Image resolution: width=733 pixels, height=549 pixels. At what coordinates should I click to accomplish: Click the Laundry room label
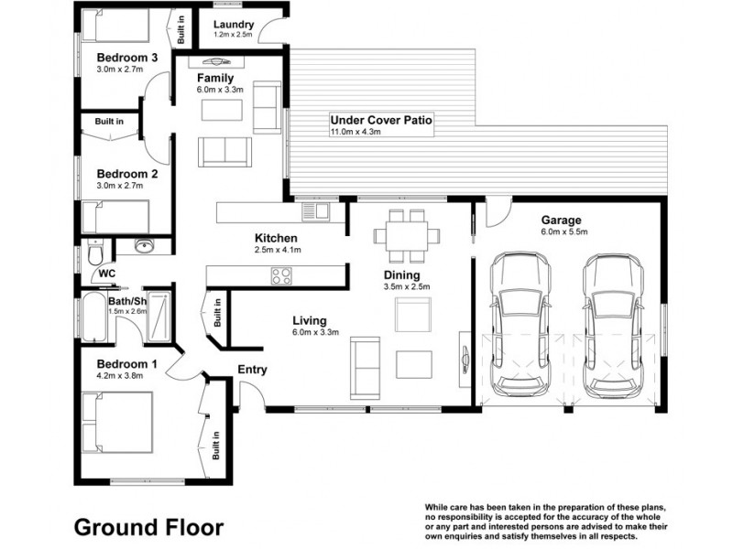[234, 25]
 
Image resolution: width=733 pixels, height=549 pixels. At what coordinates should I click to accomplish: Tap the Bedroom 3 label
[127, 58]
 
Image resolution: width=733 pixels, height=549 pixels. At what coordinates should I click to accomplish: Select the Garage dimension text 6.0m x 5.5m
[564, 231]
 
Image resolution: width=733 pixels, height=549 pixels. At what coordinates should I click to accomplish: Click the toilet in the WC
[95, 253]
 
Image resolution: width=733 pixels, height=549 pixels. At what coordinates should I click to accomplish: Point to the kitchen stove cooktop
[281, 275]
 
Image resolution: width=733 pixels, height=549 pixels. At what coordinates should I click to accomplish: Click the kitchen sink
[316, 211]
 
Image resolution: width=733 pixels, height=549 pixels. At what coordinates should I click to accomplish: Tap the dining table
[407, 236]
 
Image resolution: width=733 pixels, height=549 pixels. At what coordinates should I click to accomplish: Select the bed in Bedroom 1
[117, 423]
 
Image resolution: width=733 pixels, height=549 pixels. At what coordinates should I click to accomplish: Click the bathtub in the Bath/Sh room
[94, 318]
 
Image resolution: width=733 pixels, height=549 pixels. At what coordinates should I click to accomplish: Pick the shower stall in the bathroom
[159, 317]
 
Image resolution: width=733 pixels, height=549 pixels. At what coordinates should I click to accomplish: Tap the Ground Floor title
[148, 527]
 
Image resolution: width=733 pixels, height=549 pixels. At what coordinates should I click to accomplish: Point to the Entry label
[253, 370]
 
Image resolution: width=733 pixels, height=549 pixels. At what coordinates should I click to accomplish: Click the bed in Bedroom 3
[115, 26]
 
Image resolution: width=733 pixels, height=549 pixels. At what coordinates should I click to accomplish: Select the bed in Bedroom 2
[115, 217]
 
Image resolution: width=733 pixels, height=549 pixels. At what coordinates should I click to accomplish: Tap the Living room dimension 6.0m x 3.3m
[316, 332]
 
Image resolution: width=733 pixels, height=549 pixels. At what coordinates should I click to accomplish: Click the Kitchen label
[276, 238]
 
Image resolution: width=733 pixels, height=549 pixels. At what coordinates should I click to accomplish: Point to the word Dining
[402, 275]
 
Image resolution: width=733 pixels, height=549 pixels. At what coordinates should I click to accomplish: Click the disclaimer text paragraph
[546, 522]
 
